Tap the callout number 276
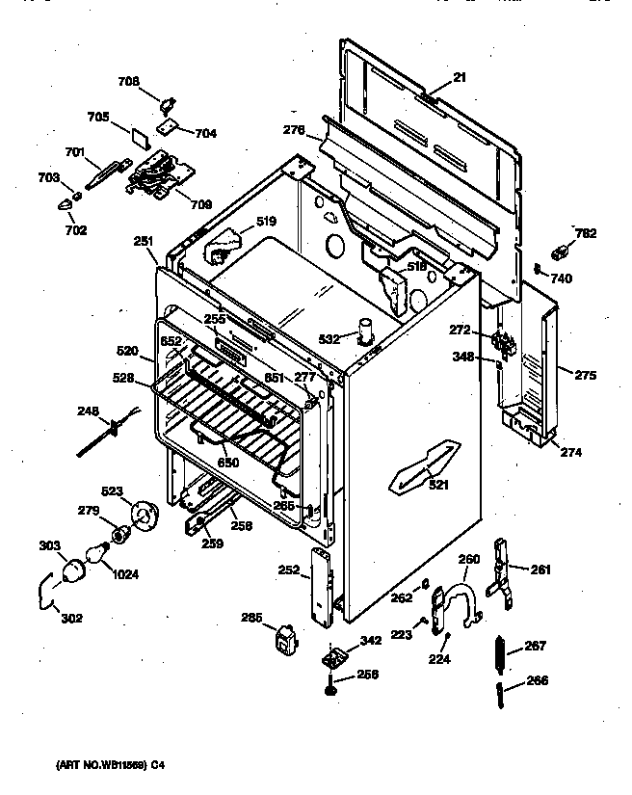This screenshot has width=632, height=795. tap(294, 130)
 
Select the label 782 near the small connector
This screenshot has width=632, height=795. tap(584, 232)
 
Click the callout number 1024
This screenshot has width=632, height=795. tap(124, 575)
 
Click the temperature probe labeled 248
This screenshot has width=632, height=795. tap(106, 433)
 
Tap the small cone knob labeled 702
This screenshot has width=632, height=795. tap(67, 201)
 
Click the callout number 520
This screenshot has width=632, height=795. tap(127, 353)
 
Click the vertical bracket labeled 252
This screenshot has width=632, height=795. tap(321, 583)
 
